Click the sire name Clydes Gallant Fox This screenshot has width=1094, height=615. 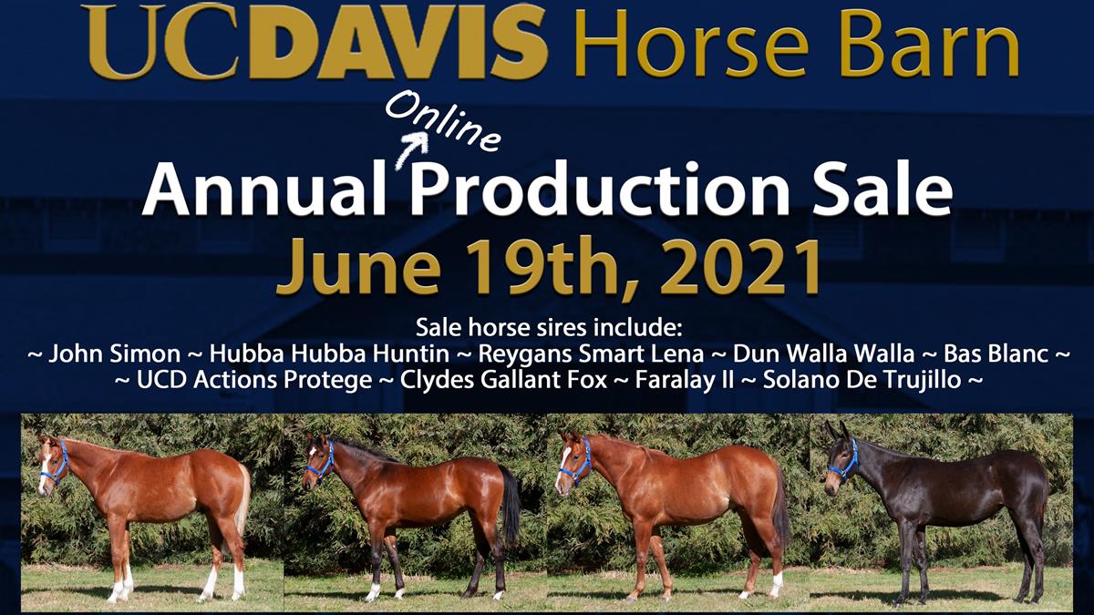point(503,379)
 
